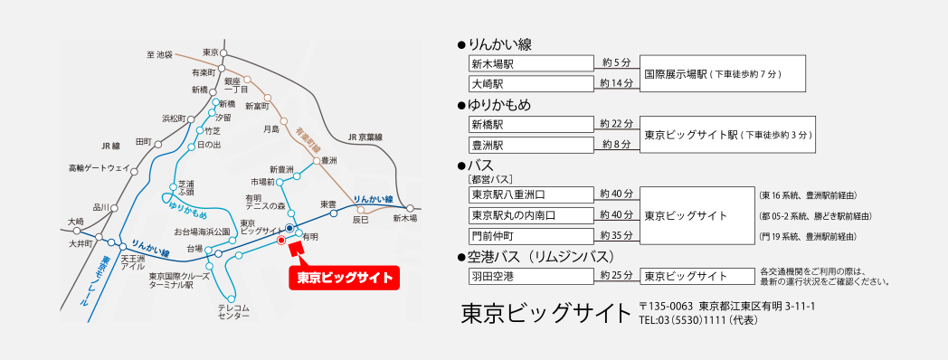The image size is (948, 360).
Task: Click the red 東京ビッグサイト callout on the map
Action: [x=344, y=278]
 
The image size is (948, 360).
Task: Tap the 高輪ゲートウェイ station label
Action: [x=99, y=167]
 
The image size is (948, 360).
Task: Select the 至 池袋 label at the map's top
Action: [x=159, y=55]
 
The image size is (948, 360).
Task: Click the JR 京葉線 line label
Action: [x=365, y=137]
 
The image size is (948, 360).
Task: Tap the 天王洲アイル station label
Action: [x=134, y=262]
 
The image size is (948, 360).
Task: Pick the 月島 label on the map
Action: [x=271, y=129]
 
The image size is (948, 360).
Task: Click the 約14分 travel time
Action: [x=616, y=82]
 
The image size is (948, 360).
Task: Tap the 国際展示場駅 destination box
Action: [x=723, y=73]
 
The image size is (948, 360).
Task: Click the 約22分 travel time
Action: [x=616, y=123]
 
